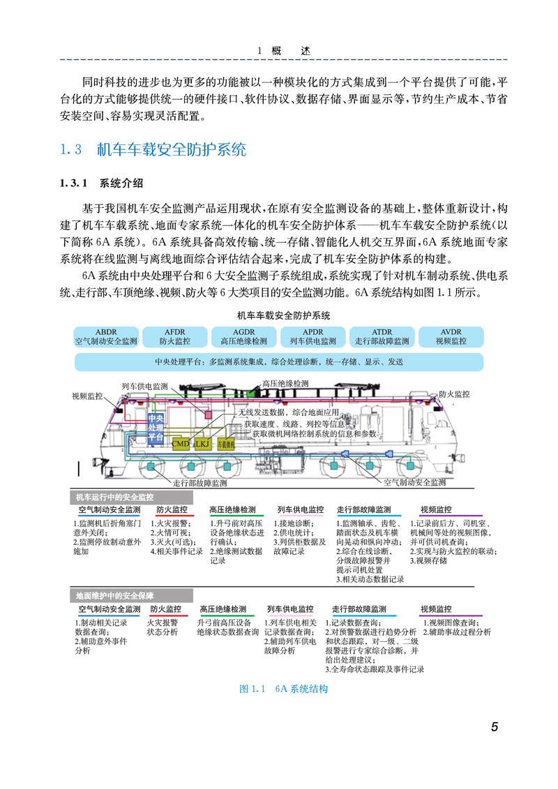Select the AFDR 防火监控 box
[174, 336]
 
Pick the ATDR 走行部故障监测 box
[382, 336]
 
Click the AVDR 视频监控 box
[451, 336]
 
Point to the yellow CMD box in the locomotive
[180, 443]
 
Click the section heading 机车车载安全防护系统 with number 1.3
[171, 150]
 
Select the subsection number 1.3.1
[73, 184]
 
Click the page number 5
[494, 728]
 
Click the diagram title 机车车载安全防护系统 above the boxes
[282, 315]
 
